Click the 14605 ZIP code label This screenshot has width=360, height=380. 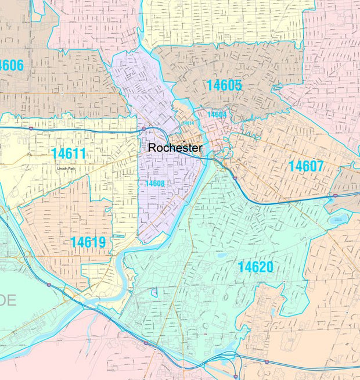[224, 85]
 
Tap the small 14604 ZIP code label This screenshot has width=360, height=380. [217, 114]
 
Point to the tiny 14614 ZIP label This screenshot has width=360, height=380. [188, 123]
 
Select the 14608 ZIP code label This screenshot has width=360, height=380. [154, 184]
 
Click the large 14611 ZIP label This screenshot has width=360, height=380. [68, 154]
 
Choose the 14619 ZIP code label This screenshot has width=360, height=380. [88, 242]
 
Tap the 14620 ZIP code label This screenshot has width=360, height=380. [255, 267]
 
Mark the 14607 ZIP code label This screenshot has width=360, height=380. [306, 166]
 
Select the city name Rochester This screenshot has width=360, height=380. [175, 148]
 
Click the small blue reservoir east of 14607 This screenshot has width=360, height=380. [337, 219]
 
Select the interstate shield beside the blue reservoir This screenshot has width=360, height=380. [334, 196]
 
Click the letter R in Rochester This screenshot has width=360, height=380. [152, 148]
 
